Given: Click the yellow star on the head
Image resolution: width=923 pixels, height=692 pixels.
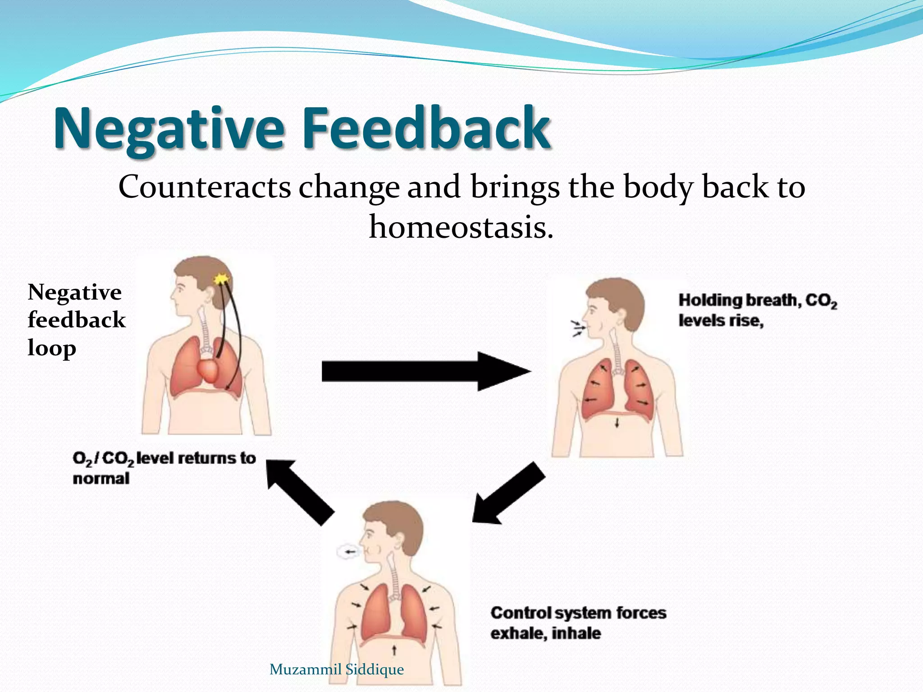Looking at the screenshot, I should tap(221, 279).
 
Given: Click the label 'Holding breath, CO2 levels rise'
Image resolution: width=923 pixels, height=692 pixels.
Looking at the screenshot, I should tap(757, 310).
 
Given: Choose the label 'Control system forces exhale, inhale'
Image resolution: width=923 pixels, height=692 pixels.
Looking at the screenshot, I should tap(578, 623).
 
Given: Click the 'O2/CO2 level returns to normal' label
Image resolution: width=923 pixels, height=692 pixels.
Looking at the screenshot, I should tap(164, 468).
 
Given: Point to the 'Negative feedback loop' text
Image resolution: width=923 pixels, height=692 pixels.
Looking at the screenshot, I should tap(76, 320).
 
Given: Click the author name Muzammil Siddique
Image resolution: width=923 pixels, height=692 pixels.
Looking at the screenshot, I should tap(336, 669).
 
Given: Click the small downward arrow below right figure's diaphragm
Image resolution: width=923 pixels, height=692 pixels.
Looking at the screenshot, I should tap(617, 423).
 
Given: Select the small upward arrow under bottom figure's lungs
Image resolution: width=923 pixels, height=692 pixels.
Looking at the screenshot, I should tap(394, 650).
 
